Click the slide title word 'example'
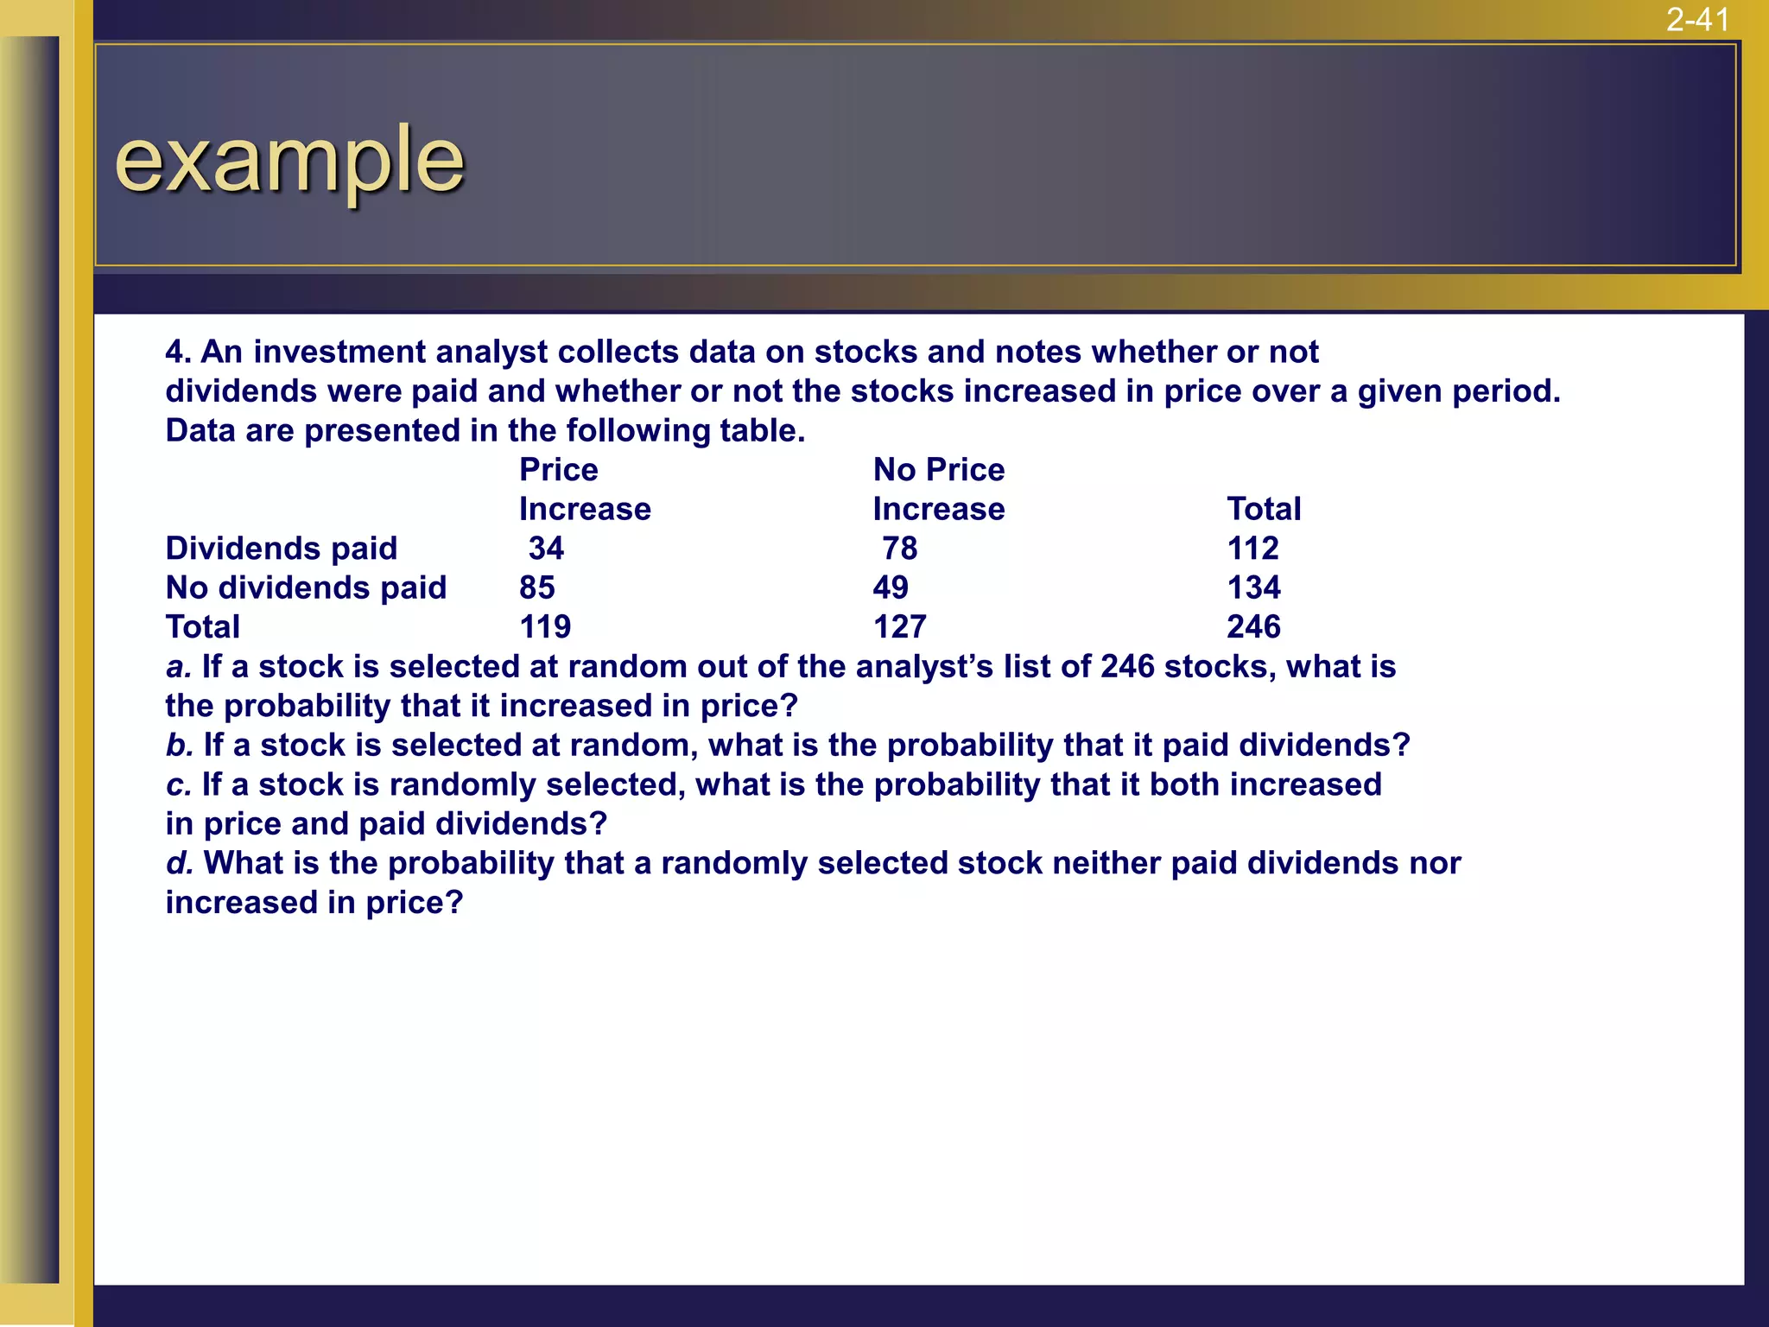click(x=289, y=160)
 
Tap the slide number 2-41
click(x=1697, y=19)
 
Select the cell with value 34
click(x=546, y=549)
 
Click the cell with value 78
click(x=900, y=549)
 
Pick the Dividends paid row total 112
click(x=1252, y=549)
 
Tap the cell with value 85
click(x=536, y=588)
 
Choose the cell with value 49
click(x=891, y=588)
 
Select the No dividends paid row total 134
click(x=1253, y=588)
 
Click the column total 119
click(x=545, y=627)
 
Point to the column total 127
click(x=899, y=627)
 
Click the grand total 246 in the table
click(x=1253, y=627)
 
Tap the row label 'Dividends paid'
click(x=282, y=549)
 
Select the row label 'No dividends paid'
click(x=306, y=588)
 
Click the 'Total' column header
click(x=1264, y=510)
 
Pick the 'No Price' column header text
click(x=939, y=470)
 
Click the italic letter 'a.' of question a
click(x=178, y=667)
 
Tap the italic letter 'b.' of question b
click(x=179, y=746)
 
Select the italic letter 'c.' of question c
click(x=178, y=785)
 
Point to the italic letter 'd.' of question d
click(x=179, y=863)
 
